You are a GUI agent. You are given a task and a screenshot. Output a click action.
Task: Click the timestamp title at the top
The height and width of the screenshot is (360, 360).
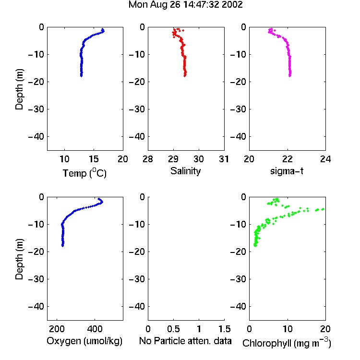[x=185, y=5]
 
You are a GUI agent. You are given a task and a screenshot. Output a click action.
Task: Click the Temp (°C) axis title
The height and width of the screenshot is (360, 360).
[x=84, y=173]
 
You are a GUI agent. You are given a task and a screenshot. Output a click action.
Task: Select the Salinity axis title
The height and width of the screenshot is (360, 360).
[x=185, y=171]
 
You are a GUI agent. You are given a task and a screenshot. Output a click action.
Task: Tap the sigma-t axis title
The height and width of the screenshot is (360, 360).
[x=287, y=171]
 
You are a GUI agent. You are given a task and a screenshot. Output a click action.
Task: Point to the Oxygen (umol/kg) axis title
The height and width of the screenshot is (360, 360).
[x=84, y=341]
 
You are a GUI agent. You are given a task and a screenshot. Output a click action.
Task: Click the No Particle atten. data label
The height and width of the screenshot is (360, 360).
[x=185, y=341]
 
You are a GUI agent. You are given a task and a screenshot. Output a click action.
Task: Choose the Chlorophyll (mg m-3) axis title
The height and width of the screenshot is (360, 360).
[x=287, y=343]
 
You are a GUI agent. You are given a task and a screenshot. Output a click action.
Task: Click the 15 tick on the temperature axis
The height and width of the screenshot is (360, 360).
[x=94, y=159]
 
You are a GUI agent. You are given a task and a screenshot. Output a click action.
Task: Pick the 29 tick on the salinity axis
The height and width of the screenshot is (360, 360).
[x=173, y=159]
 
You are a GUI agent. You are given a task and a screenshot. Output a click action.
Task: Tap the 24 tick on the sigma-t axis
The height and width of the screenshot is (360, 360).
[x=325, y=159]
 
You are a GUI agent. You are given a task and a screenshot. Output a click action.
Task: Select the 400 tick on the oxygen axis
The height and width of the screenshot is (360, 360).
[x=95, y=329]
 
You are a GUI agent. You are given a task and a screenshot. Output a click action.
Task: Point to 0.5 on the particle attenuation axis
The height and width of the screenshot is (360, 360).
[x=173, y=329]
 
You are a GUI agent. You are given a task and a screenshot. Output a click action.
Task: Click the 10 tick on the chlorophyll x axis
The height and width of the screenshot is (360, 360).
[x=288, y=329]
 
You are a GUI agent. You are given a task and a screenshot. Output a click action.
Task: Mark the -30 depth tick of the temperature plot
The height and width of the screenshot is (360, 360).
[x=36, y=109]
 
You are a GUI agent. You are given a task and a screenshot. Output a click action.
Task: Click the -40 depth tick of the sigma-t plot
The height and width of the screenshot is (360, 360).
[x=238, y=137]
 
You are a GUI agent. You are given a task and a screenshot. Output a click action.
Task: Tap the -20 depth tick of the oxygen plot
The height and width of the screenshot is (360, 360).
[x=36, y=252]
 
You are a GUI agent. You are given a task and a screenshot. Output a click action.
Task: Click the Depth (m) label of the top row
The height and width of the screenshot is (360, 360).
[x=19, y=89]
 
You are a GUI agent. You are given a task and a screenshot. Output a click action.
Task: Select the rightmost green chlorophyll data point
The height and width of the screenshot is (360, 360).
[x=323, y=209]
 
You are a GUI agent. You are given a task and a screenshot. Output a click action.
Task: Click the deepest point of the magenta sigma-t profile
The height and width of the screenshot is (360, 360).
[x=290, y=76]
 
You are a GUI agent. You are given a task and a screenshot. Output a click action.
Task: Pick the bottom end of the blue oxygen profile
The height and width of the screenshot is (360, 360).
[x=62, y=246]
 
